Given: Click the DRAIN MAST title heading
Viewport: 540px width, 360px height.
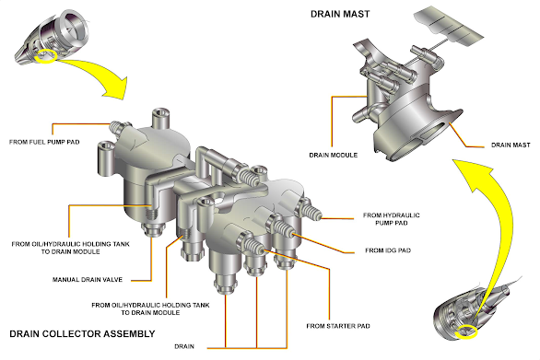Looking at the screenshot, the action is [x=340, y=14].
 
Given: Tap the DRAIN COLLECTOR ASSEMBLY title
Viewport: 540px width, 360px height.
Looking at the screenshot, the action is [x=82, y=334].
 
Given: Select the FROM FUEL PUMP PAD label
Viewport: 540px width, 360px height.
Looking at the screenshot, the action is [x=44, y=142].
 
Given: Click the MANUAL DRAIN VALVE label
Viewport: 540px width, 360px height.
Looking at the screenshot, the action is [x=88, y=280].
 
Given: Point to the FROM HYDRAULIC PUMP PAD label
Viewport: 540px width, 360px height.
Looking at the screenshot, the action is [x=392, y=219].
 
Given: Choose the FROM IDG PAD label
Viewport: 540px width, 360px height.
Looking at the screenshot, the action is [x=388, y=250].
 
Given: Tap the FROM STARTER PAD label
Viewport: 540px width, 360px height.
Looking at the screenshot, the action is [x=338, y=326].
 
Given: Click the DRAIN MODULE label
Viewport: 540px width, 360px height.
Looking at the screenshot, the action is [x=333, y=155].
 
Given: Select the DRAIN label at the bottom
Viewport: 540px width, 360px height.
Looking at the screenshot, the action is [x=184, y=346].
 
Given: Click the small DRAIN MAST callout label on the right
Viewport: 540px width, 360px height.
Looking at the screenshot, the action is [x=511, y=145].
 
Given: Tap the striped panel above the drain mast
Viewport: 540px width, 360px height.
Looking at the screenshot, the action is [x=449, y=27].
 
